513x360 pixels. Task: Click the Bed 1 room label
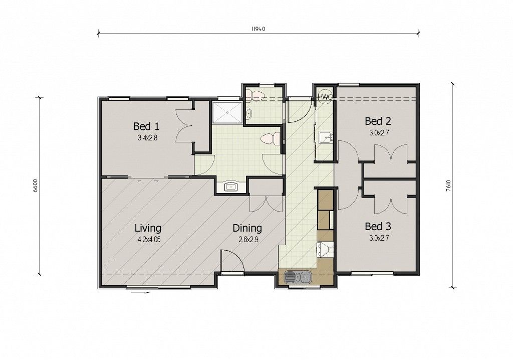point(146,126)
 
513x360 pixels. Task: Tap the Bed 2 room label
point(378,121)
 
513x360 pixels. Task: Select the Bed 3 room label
point(378,226)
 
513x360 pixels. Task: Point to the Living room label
point(148,228)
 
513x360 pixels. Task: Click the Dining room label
point(247,228)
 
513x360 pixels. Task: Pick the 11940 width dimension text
point(258,29)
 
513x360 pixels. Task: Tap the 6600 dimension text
point(36,186)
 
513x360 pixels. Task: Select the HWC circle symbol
point(326,97)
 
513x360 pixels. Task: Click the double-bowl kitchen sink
point(298,277)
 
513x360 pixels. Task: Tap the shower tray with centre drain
point(227,112)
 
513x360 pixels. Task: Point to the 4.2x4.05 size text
point(149,240)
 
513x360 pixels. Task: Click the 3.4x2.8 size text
point(148,138)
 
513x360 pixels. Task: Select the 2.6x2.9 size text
point(248,240)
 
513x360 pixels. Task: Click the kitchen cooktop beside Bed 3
point(326,250)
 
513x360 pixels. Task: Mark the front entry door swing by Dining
point(232,260)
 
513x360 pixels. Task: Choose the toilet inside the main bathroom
point(271,138)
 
